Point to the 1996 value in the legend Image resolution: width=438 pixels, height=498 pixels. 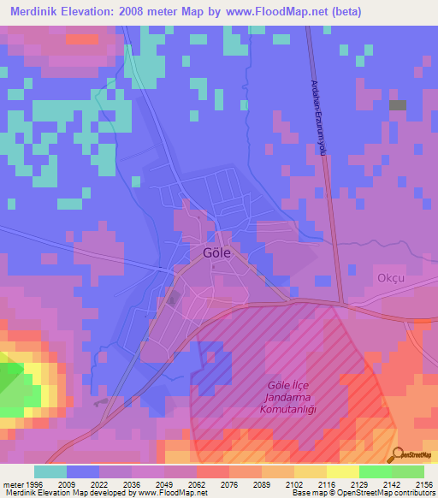(x=33, y=483)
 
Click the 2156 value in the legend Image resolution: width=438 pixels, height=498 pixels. (x=423, y=483)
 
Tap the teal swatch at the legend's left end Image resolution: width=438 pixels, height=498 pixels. (x=50, y=471)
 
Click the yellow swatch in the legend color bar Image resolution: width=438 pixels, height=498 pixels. (x=342, y=471)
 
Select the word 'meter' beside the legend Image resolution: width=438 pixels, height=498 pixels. (x=12, y=483)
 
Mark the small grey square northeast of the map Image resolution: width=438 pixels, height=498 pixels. (x=398, y=105)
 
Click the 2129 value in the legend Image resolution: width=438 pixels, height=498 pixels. (x=358, y=483)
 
